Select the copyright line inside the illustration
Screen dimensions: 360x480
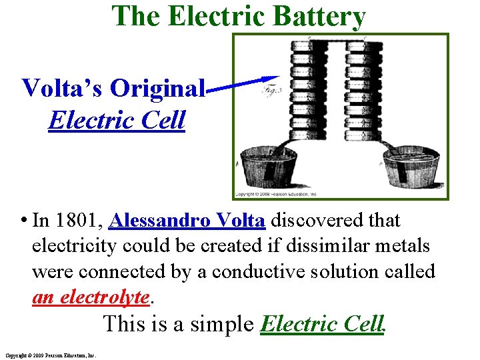coord(275,194)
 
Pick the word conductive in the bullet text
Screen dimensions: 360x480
coord(227,272)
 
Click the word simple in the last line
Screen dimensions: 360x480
coord(222,324)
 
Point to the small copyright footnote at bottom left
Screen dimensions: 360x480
coord(50,355)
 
